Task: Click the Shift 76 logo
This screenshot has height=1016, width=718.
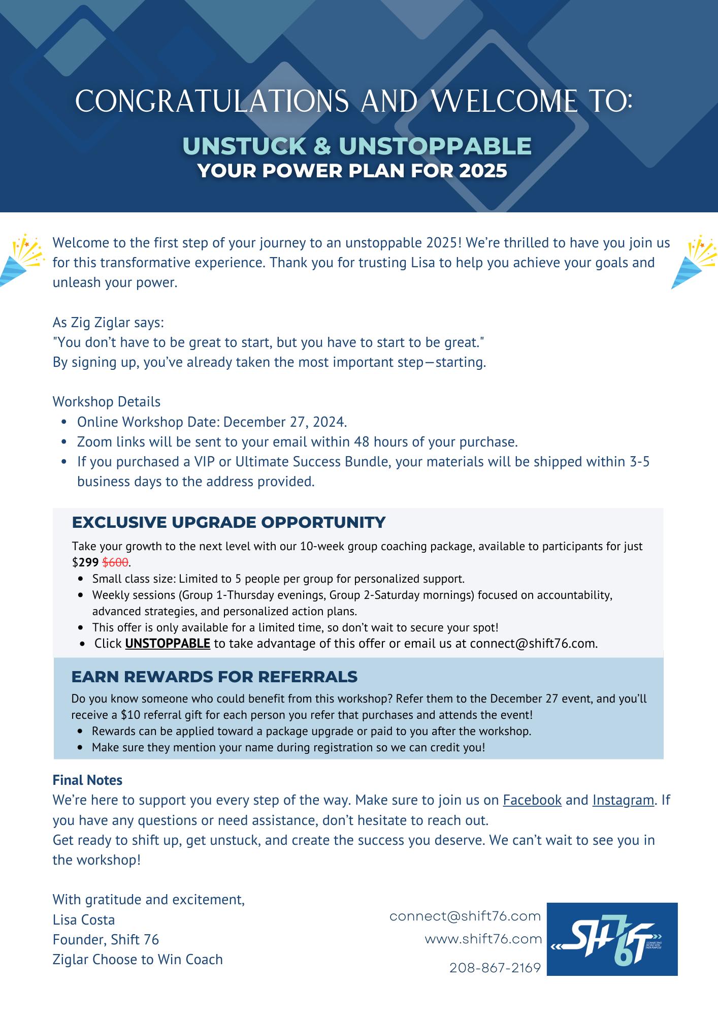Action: (x=612, y=939)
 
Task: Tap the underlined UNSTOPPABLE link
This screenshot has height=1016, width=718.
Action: (x=168, y=644)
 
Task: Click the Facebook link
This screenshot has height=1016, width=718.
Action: (x=532, y=800)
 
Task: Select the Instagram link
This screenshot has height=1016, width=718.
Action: (x=623, y=800)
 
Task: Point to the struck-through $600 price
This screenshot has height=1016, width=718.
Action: (x=115, y=562)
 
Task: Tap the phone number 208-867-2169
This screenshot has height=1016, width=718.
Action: (x=495, y=968)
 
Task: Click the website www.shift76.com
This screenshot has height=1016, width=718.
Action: (x=483, y=939)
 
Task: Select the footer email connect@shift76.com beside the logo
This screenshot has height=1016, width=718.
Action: (x=465, y=916)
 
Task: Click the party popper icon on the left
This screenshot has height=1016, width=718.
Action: (x=21, y=260)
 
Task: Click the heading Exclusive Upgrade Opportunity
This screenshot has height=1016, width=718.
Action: (x=229, y=523)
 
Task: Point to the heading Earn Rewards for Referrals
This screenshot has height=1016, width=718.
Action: (x=214, y=677)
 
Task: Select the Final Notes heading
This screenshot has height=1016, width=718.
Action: (x=87, y=780)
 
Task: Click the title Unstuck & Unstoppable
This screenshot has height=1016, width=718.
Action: (x=357, y=146)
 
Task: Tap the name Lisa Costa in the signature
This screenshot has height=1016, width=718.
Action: (x=84, y=920)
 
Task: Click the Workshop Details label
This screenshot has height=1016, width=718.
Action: (x=107, y=402)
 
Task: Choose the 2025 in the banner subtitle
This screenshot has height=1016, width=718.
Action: (x=482, y=171)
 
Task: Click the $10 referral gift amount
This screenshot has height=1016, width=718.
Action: (x=130, y=715)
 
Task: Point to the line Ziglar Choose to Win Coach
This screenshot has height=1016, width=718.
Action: (x=138, y=960)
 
